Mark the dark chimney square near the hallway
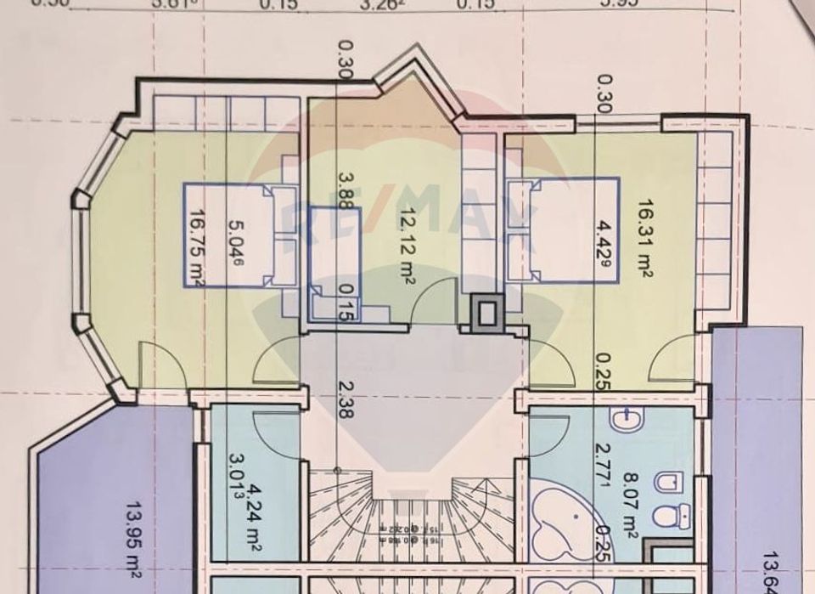click(x=486, y=312)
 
